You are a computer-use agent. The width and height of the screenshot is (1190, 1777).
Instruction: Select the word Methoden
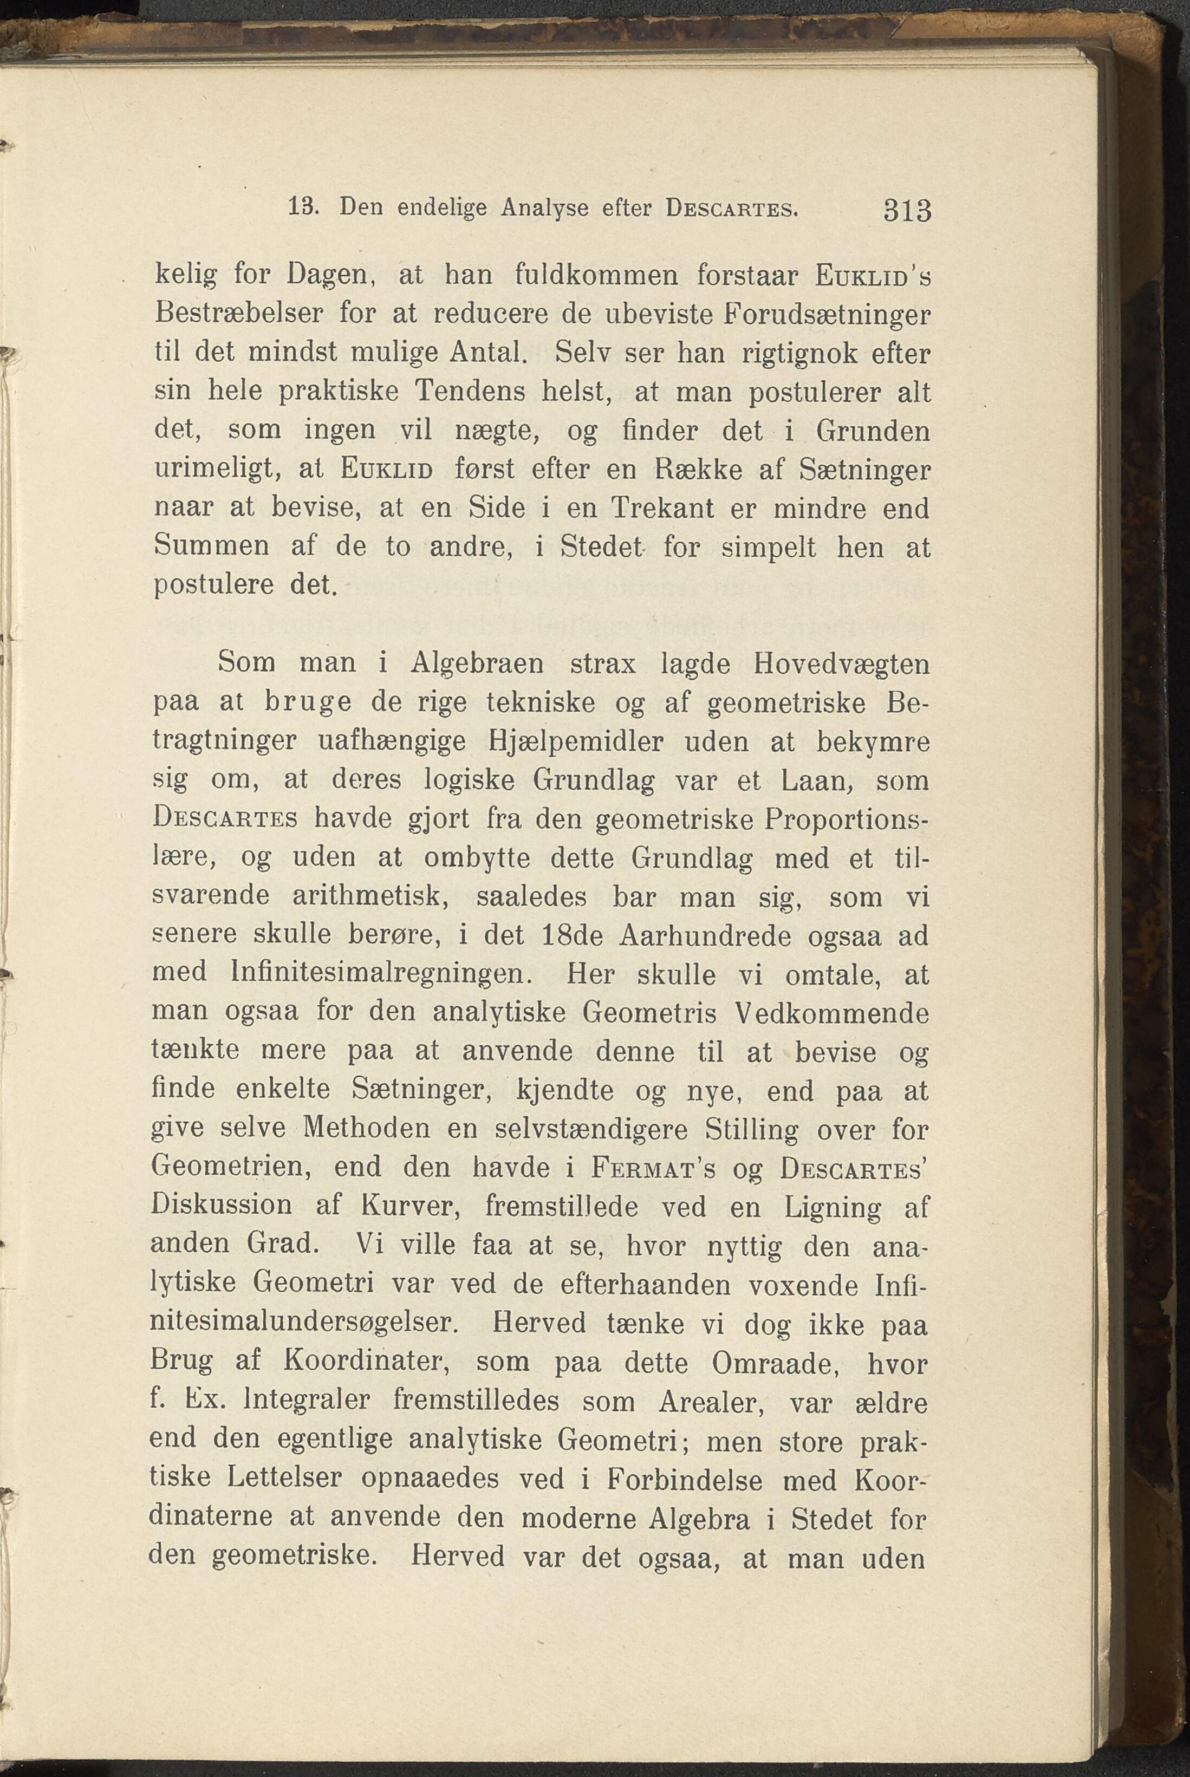pyautogui.click(x=367, y=1129)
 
